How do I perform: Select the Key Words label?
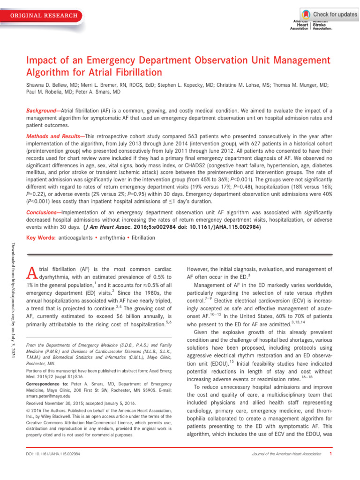point(39,237)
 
